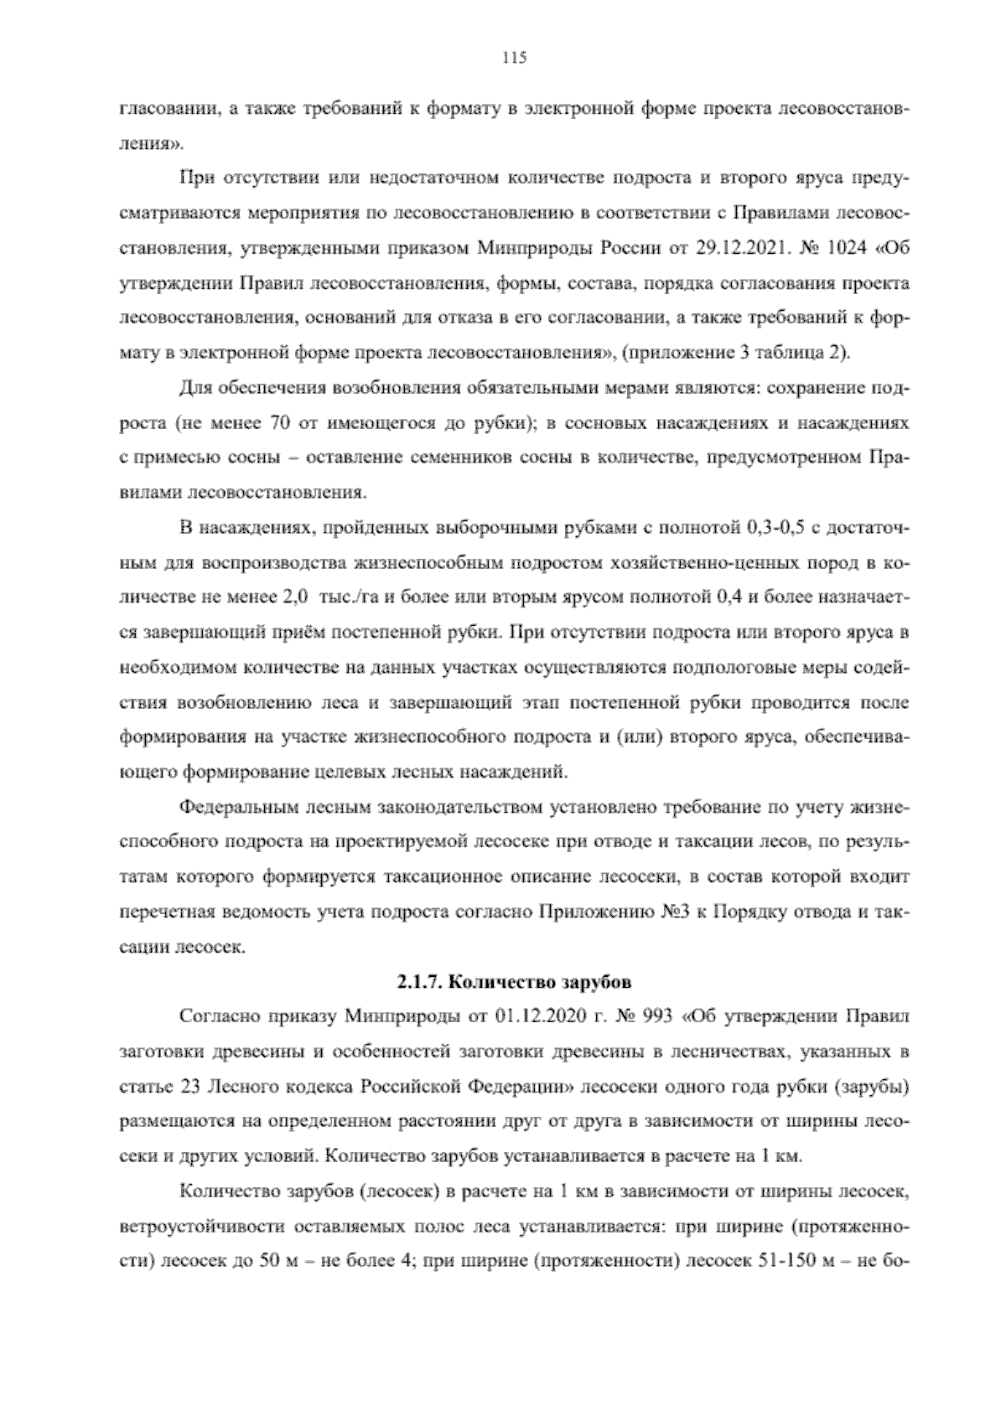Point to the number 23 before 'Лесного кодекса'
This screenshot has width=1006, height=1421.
[x=189, y=1087]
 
